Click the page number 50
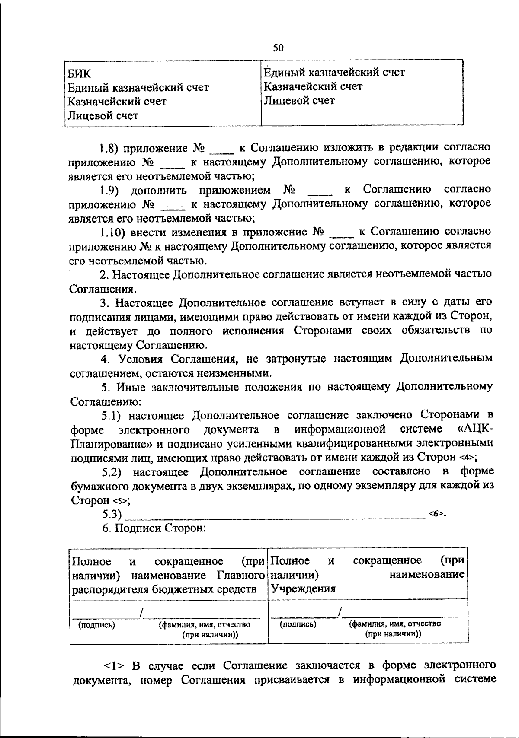(x=278, y=47)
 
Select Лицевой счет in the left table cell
(x=103, y=115)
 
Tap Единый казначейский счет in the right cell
(x=334, y=72)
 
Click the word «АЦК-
(x=475, y=429)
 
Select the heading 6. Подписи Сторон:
(x=154, y=528)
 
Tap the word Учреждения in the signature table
(x=303, y=588)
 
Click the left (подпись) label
(x=96, y=625)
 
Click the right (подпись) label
(x=298, y=624)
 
